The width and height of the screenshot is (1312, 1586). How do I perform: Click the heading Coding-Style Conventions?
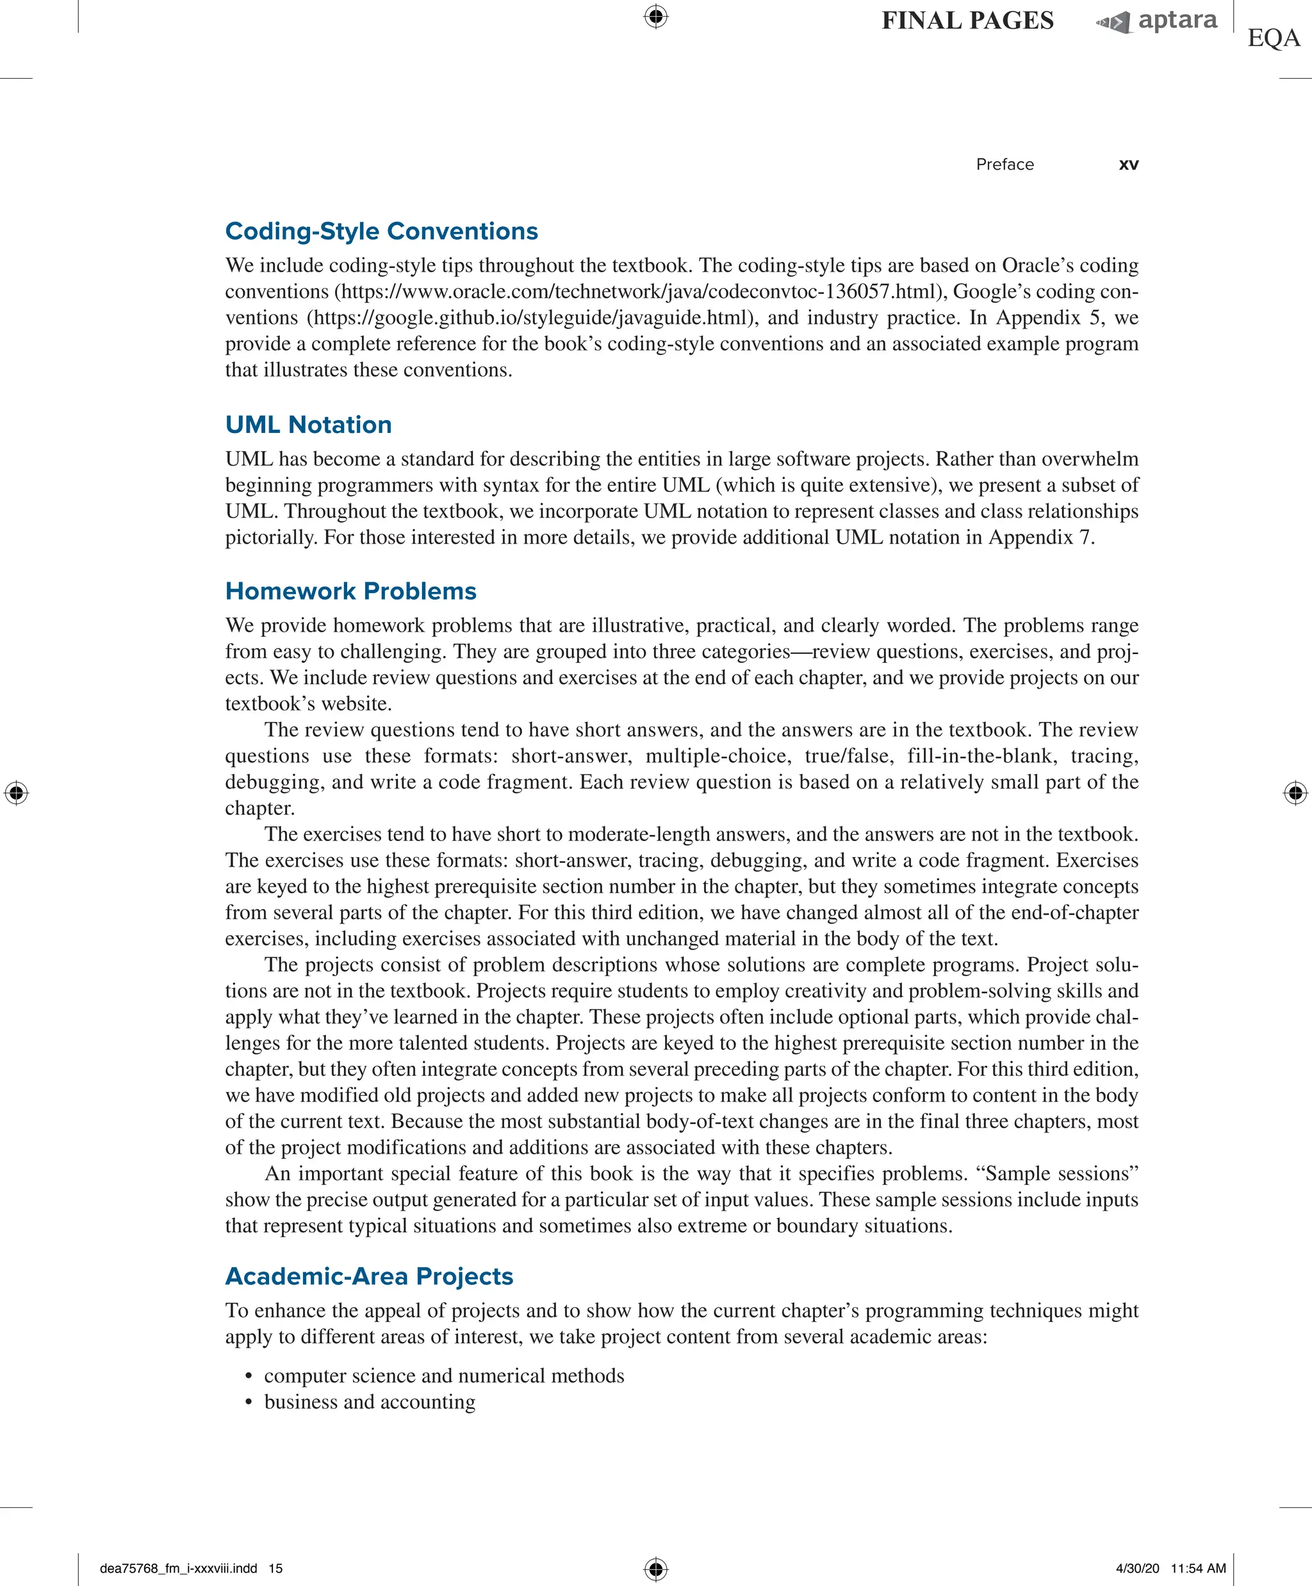381,231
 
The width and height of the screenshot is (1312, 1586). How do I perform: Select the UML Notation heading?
308,425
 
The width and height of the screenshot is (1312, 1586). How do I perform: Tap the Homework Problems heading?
350,591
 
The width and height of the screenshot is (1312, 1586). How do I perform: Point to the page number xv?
1128,165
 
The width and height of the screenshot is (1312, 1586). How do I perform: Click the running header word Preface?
1004,165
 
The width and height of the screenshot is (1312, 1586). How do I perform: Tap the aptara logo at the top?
1157,21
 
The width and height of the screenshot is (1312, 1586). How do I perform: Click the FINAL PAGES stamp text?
967,21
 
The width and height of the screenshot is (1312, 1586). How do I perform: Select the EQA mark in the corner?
1274,38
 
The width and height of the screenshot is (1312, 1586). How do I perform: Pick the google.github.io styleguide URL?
532,318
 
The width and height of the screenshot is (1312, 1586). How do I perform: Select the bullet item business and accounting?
370,1402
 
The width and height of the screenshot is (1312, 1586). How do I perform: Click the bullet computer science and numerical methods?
444,1375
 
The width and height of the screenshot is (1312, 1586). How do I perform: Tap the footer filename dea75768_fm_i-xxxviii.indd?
178,1568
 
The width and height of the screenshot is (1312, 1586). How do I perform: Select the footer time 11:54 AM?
1198,1568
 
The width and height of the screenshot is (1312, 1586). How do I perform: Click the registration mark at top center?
655,16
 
